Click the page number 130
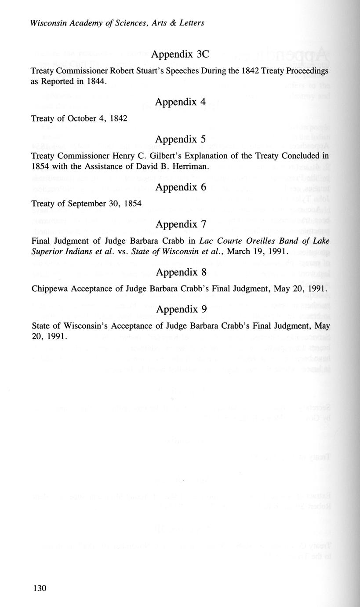tap(39, 589)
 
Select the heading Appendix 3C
tap(180, 55)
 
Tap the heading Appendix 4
tap(180, 102)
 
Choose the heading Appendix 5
tap(180, 139)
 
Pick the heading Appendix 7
tap(180, 224)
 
